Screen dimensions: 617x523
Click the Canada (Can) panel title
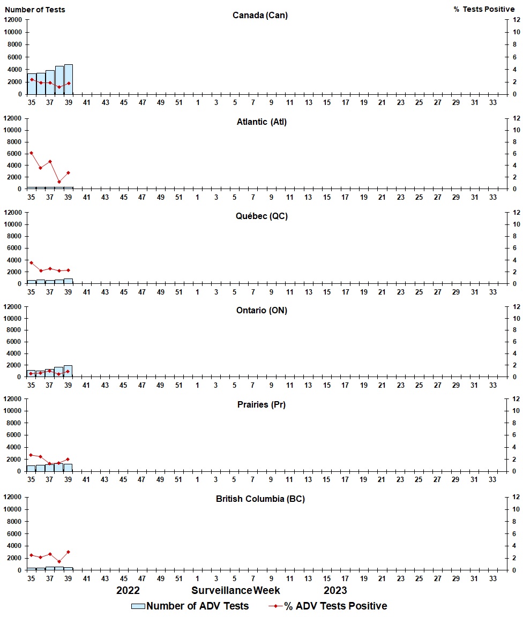click(x=260, y=15)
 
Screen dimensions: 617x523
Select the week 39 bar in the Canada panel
click(x=68, y=79)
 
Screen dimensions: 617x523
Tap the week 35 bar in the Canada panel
click(x=32, y=84)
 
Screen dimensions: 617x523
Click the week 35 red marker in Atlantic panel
click(x=32, y=153)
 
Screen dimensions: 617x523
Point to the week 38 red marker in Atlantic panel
click(x=59, y=182)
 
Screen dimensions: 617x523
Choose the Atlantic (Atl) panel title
click(x=261, y=122)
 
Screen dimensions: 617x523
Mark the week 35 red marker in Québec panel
click(x=32, y=262)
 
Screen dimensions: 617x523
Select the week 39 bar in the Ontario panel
click(x=68, y=371)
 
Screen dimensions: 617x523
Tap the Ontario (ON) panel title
click(x=261, y=310)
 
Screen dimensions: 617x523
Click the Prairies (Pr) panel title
click(x=261, y=404)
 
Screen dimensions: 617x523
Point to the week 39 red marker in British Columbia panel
click(x=68, y=552)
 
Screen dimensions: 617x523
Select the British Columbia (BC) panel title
click(x=260, y=499)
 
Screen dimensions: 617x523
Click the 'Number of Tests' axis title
click(x=35, y=10)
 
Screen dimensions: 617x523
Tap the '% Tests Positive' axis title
click(x=484, y=10)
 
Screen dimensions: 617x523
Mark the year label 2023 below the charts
click(x=335, y=590)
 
